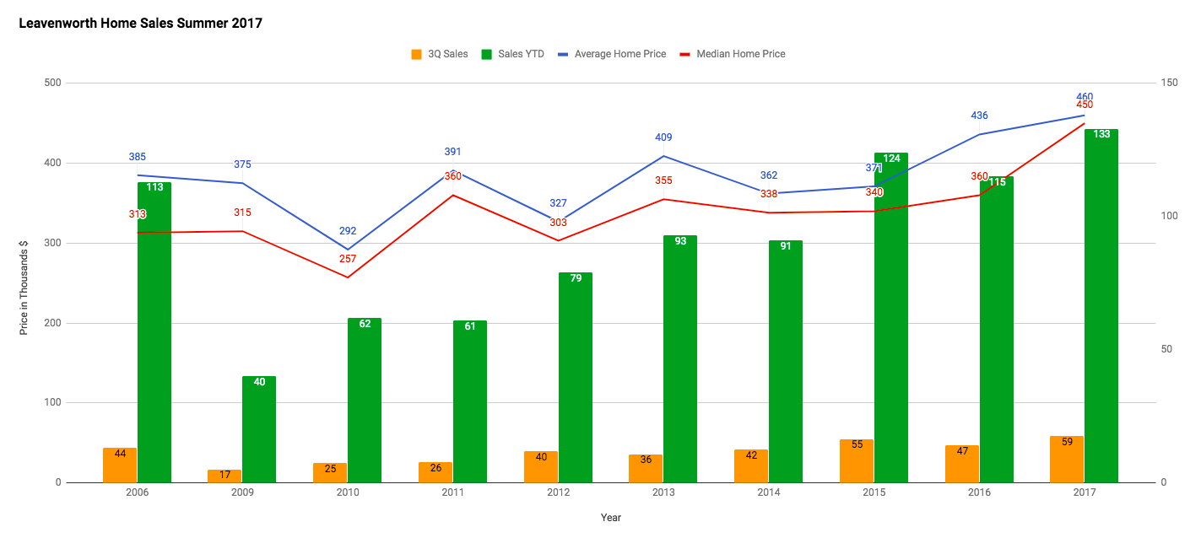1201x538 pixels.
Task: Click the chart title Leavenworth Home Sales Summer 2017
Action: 140,24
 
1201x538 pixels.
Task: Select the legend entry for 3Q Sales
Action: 439,54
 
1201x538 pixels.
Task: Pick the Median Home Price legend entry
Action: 732,54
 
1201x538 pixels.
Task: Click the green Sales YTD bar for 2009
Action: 259,430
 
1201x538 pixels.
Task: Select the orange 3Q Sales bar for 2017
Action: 1067,460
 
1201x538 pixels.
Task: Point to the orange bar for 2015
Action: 857,461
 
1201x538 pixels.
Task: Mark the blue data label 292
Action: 348,230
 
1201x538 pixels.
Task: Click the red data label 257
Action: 348,259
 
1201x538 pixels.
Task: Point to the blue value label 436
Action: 979,116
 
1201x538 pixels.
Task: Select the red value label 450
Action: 1085,105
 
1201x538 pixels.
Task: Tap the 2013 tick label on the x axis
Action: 663,492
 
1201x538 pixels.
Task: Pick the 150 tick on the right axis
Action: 1168,83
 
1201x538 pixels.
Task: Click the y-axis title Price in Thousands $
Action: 24,288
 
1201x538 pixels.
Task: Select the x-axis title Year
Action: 611,518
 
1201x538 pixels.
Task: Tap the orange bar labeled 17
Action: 225,476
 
